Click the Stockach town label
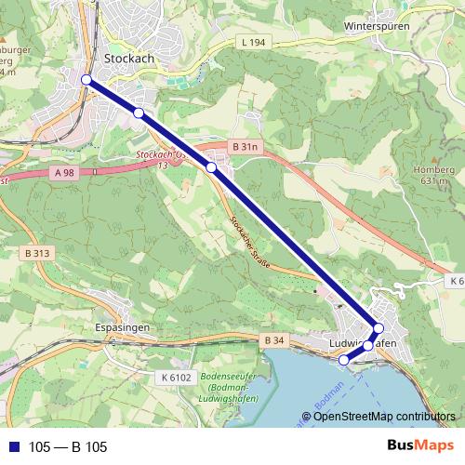pyautogui.click(x=128, y=58)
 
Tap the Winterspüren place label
pyautogui.click(x=376, y=27)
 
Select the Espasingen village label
pyautogui.click(x=123, y=328)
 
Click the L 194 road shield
pyautogui.click(x=252, y=43)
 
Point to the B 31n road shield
pyautogui.click(x=245, y=147)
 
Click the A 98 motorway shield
pyautogui.click(x=64, y=172)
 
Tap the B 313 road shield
pyautogui.click(x=38, y=253)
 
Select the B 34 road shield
pyautogui.click(x=272, y=340)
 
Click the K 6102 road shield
pyautogui.click(x=175, y=377)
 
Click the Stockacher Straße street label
pyautogui.click(x=249, y=242)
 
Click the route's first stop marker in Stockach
pyautogui.click(x=86, y=81)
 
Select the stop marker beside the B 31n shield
pyautogui.click(x=211, y=167)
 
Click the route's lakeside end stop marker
pyautogui.click(x=343, y=360)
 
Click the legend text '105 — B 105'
pyautogui.click(x=68, y=447)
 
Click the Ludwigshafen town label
pyautogui.click(x=364, y=344)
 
